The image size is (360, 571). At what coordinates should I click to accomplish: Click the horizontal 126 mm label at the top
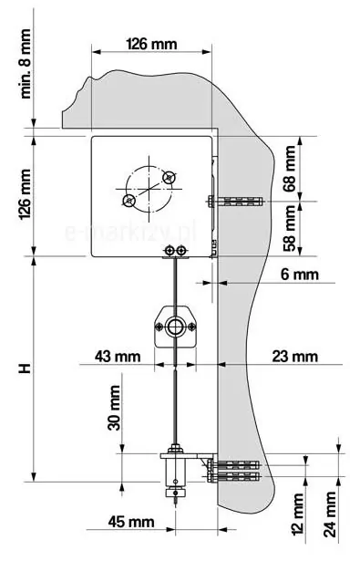coord(151,44)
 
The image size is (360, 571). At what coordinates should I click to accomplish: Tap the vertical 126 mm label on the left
coord(26,194)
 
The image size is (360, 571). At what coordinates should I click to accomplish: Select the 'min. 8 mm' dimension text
coord(26,64)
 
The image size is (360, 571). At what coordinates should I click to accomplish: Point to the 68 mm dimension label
coord(290,168)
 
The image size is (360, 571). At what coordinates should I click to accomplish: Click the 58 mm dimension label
coord(290,228)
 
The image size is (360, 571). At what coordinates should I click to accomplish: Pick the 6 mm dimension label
coord(300,275)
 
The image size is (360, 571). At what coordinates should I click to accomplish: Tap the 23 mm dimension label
coord(295,356)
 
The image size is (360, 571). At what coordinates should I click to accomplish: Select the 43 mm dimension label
coord(118,356)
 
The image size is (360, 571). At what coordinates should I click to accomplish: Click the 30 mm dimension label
coord(114,408)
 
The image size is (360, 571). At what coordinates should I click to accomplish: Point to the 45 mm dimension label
coord(131,522)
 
